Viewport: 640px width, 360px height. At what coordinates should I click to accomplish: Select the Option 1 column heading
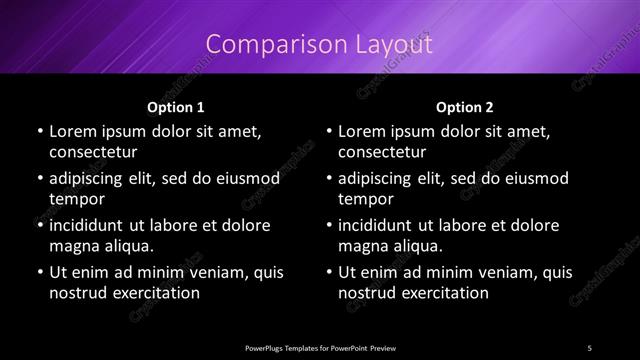[x=175, y=106]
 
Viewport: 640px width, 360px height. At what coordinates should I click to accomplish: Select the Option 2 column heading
[x=465, y=106]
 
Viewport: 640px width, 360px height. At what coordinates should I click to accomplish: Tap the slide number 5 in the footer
[x=590, y=347]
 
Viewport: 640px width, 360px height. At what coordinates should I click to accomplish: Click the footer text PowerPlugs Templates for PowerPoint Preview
[x=320, y=347]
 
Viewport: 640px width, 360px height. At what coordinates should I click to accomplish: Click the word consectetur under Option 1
[x=92, y=153]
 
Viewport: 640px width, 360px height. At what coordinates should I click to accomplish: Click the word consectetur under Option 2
[x=382, y=153]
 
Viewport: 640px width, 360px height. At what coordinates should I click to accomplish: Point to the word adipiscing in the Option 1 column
[x=89, y=178]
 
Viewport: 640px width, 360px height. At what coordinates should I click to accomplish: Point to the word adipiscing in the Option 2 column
[x=379, y=178]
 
